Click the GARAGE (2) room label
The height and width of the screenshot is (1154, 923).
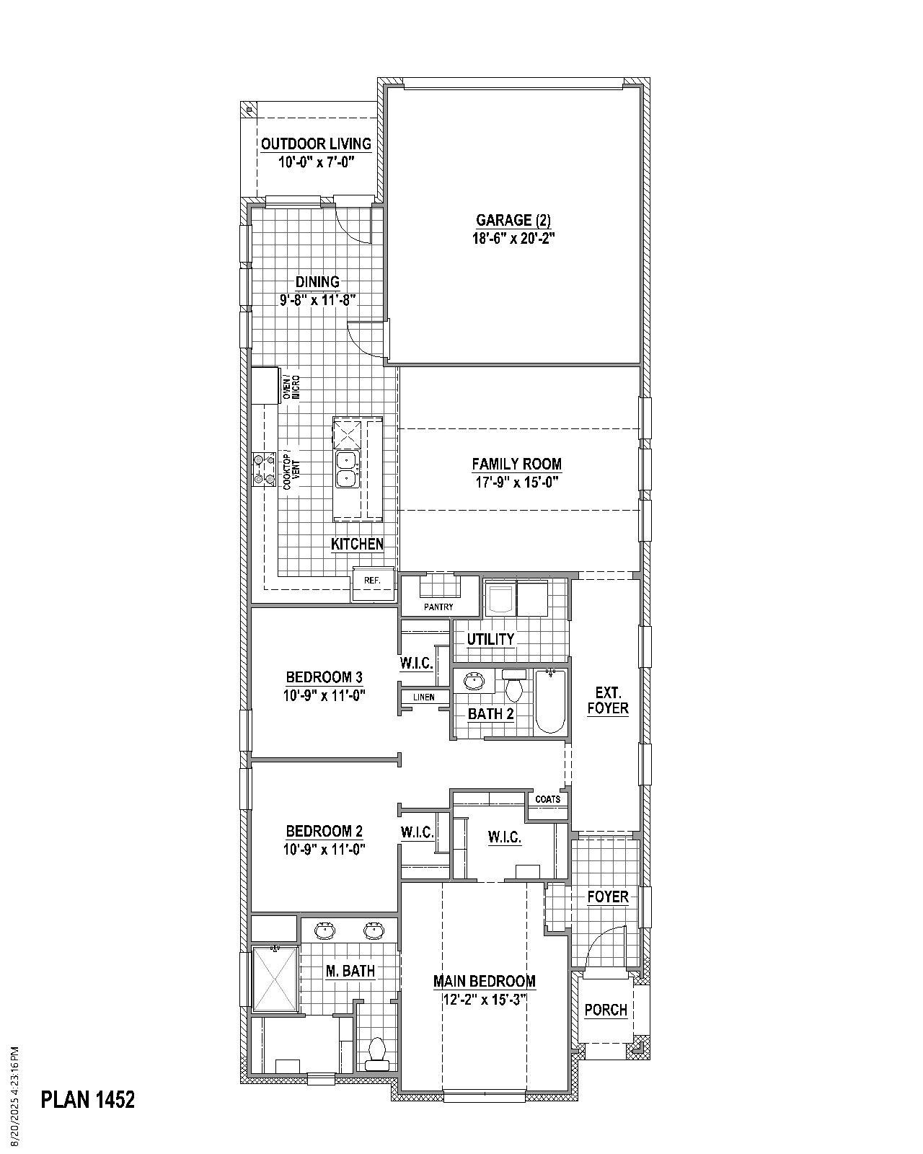point(514,220)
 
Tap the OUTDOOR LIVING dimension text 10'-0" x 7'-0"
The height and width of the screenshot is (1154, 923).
point(316,162)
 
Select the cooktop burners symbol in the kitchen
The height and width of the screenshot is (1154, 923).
point(264,467)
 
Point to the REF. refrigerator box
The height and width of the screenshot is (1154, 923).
point(373,580)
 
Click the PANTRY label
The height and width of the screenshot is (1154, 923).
point(438,607)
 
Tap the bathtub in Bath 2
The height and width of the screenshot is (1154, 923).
point(550,700)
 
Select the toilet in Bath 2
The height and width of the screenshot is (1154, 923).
point(513,687)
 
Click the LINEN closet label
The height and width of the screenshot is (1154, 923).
point(424,697)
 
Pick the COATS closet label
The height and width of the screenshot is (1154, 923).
point(548,799)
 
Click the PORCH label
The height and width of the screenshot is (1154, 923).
point(606,1010)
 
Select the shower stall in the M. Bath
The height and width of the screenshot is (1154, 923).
point(275,979)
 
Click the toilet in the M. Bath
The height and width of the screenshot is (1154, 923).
point(376,1054)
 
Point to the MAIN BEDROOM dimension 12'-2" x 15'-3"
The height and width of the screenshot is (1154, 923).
point(484,1000)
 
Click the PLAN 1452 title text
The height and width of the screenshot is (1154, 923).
point(88,1099)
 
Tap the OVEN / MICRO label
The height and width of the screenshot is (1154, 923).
point(291,387)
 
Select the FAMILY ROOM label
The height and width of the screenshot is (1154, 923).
point(516,464)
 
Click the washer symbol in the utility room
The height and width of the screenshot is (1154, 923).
point(500,598)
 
